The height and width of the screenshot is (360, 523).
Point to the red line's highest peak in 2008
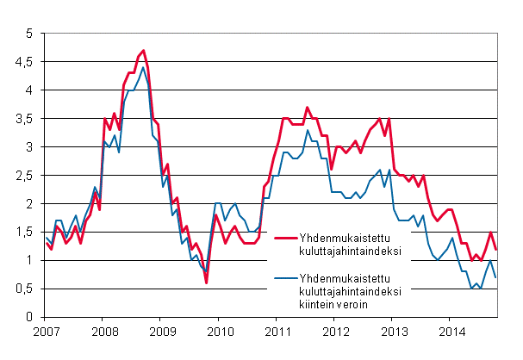coord(143,50)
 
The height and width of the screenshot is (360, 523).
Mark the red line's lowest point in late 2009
coord(206,282)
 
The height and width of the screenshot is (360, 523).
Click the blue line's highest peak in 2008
coord(143,67)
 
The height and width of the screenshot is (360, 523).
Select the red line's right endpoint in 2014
coord(497,249)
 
